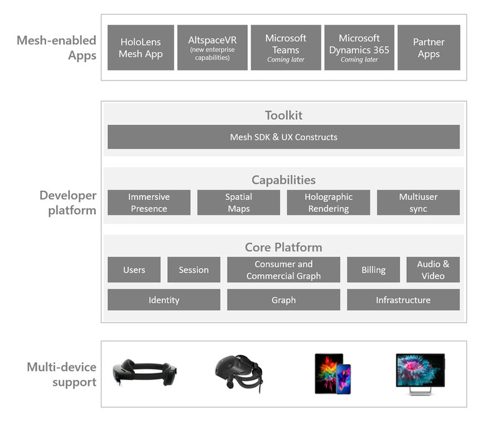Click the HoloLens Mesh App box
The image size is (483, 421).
tap(141, 48)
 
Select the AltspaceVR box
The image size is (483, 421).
tap(212, 48)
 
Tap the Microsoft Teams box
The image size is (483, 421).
tap(285, 48)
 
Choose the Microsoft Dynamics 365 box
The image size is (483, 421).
tap(359, 48)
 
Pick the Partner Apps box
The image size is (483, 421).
tap(429, 48)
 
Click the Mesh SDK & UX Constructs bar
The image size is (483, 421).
tap(284, 137)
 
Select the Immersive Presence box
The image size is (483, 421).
tap(149, 202)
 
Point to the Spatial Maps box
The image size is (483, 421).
tap(238, 202)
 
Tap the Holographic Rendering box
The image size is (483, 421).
tap(328, 202)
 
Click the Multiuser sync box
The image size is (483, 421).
tap(418, 202)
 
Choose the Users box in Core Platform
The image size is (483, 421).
tap(134, 270)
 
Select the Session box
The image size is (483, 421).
tap(193, 270)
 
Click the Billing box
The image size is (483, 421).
tap(373, 270)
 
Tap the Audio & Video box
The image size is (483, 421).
tap(433, 270)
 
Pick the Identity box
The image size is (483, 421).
tap(163, 300)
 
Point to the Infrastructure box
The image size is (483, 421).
tap(403, 300)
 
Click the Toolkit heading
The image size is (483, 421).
tap(284, 115)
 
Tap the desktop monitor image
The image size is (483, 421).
tap(420, 373)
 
